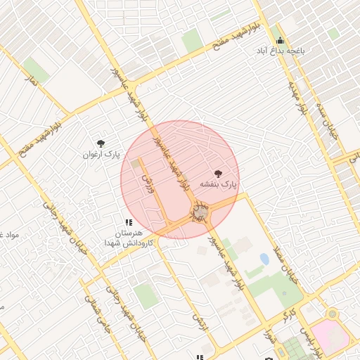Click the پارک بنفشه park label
(219, 184)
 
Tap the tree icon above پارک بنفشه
(218, 173)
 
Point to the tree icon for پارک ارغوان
(101, 143)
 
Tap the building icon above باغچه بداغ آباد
(281, 40)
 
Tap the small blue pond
(264, 259)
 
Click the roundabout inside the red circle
(201, 212)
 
